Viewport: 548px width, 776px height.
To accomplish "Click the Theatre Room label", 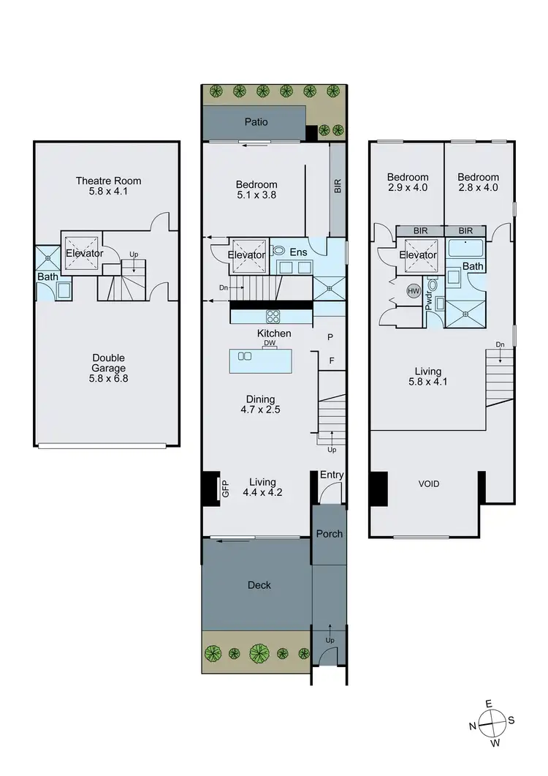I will [108, 181].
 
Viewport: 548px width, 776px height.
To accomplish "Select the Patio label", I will [255, 121].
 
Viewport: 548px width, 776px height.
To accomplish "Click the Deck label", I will [259, 584].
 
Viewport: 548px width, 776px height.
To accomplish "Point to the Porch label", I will [329, 533].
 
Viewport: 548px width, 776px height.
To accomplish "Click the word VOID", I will [429, 484].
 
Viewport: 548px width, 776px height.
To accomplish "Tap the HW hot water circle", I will [412, 291].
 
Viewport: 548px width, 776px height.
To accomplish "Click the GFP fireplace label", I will [225, 489].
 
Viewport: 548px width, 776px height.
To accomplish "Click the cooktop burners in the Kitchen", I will [274, 317].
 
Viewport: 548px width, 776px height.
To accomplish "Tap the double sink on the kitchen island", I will [245, 356].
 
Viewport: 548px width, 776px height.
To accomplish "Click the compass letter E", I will [489, 704].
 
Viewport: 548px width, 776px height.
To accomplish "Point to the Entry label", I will [331, 475].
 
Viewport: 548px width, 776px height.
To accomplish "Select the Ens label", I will [298, 252].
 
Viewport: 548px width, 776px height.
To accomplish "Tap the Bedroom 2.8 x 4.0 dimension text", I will [479, 188].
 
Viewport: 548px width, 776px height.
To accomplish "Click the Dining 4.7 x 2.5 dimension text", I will [260, 410].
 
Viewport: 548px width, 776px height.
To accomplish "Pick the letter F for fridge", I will [331, 360].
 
